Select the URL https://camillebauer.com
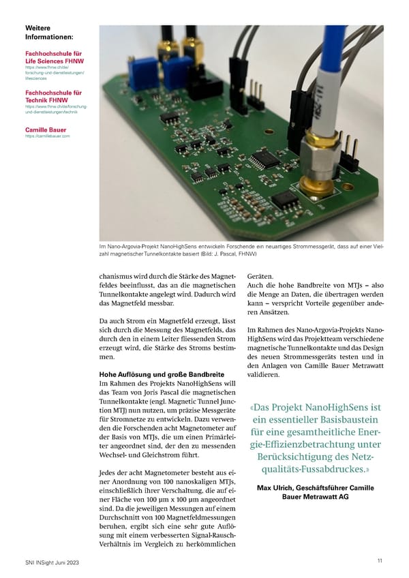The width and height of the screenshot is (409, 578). pos(47,136)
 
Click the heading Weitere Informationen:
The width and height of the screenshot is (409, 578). pos(48,32)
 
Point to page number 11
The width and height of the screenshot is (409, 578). pos(379,560)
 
